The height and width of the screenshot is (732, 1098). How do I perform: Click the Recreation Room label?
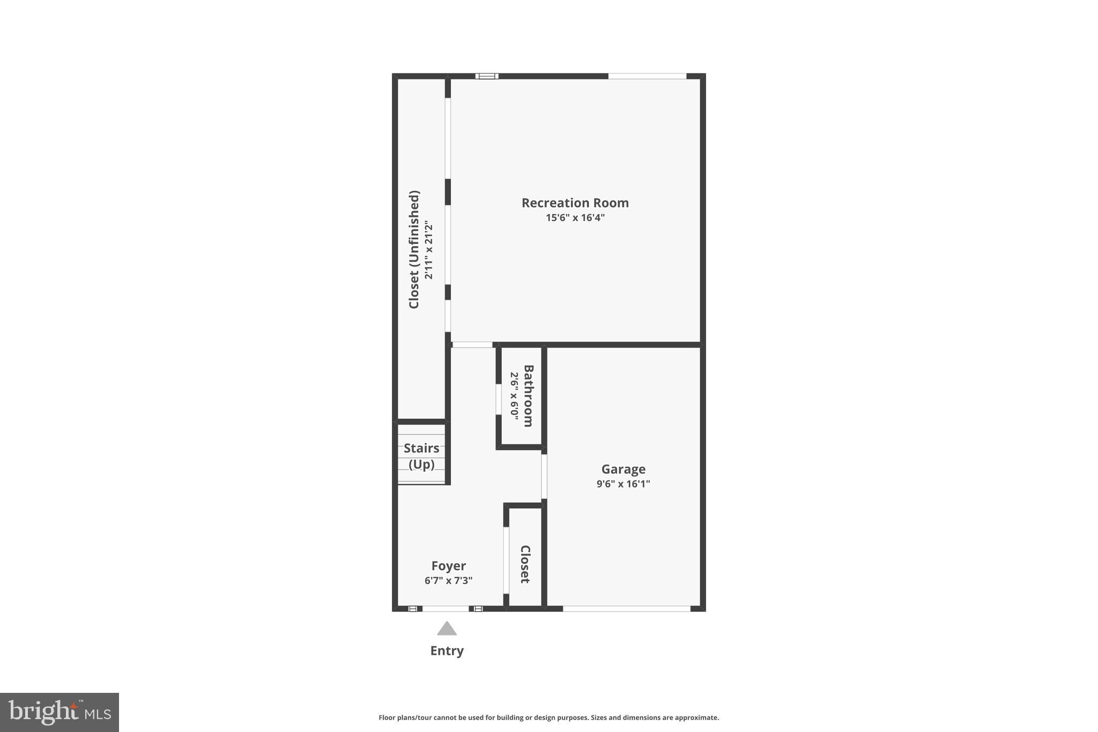575,203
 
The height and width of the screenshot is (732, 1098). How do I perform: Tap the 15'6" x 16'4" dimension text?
575,218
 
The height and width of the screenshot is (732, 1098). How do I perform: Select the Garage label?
623,469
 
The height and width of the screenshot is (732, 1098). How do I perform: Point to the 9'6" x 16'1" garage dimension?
623,484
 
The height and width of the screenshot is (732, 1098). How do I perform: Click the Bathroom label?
528,396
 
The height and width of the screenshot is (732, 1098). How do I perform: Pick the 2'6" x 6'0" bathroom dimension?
514,396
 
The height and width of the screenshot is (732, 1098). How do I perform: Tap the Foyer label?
448,566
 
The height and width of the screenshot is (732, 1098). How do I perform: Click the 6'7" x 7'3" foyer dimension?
448,580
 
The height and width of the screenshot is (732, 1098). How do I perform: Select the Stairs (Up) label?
421,456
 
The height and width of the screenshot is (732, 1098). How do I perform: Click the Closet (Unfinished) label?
414,249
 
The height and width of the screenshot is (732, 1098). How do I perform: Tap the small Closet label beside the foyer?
525,564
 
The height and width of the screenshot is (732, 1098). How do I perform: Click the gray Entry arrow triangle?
447,629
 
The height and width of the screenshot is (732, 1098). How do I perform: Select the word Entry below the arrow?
447,650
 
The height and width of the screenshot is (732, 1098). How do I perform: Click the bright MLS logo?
60,712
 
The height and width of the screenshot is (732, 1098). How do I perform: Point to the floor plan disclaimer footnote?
548,718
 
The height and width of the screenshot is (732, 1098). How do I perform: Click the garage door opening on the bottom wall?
626,609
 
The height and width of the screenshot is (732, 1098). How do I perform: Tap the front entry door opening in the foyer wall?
446,609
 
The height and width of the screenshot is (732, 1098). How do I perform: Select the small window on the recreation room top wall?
487,76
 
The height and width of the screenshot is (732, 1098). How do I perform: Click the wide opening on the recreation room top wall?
647,76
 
